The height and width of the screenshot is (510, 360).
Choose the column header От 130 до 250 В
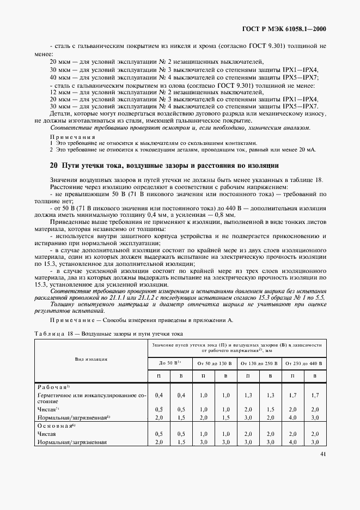[x=258, y=362]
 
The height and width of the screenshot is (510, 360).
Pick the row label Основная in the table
[x=53, y=426]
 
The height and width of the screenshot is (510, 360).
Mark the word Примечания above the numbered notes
[x=72, y=137]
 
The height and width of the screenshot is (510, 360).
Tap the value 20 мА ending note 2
[x=307, y=149]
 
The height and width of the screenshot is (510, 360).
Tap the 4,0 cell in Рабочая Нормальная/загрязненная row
[x=291, y=417]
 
